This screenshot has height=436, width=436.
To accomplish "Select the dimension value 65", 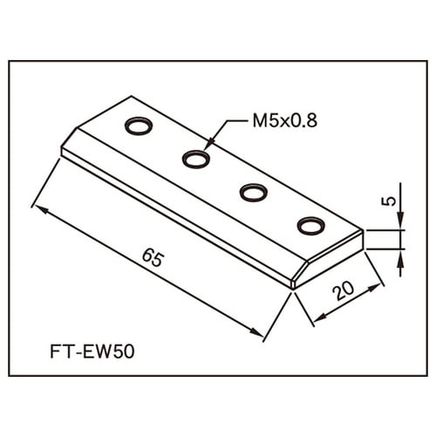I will pyautogui.click(x=153, y=258).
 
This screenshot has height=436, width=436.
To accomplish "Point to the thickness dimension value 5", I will pyautogui.click(x=389, y=201).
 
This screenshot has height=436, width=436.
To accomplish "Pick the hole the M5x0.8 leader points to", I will pyautogui.click(x=196, y=159).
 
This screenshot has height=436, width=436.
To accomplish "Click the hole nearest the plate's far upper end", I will pyautogui.click(x=139, y=126).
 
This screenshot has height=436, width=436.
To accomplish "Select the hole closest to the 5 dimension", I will pyautogui.click(x=310, y=226).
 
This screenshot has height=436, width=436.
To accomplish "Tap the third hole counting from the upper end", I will pyautogui.click(x=254, y=192).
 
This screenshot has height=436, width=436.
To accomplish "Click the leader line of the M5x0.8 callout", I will pyautogui.click(x=218, y=133).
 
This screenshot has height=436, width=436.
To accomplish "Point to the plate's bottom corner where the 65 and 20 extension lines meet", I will pyautogui.click(x=292, y=286).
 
